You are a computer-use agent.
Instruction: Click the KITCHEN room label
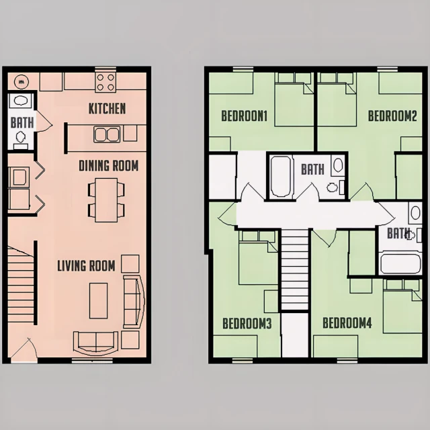coord(107,109)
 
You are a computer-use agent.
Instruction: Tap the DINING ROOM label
coord(109,166)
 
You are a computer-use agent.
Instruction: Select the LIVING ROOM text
coord(86,266)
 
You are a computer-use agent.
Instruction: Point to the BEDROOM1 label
coord(244,116)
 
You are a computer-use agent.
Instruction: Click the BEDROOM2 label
coord(392,116)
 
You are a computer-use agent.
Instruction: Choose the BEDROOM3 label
coord(247,324)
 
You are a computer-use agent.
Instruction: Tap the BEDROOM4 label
coord(347,323)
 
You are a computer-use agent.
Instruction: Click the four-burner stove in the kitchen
coord(105,82)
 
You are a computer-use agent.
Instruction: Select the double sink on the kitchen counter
coord(107,134)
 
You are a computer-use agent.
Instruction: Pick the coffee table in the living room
coord(98,301)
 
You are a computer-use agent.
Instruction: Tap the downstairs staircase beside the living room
coord(21,285)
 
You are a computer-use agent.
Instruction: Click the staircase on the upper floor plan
coord(295,270)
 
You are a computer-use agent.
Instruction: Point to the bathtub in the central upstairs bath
coord(281,176)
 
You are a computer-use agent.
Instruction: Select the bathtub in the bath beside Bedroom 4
coord(400,264)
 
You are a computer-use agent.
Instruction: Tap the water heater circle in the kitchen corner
coord(21,81)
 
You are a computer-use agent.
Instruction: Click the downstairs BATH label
coord(22,122)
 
